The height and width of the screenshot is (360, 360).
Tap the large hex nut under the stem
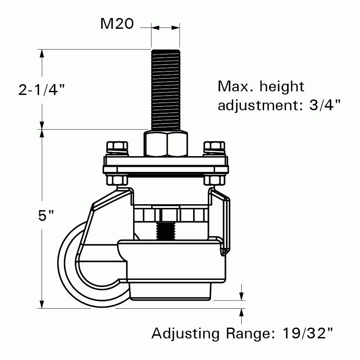click(x=165, y=144)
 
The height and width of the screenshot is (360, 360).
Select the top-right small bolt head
click(x=214, y=147)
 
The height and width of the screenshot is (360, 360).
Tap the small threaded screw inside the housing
click(x=165, y=230)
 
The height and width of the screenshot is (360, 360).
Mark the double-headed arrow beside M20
click(x=166, y=28)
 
